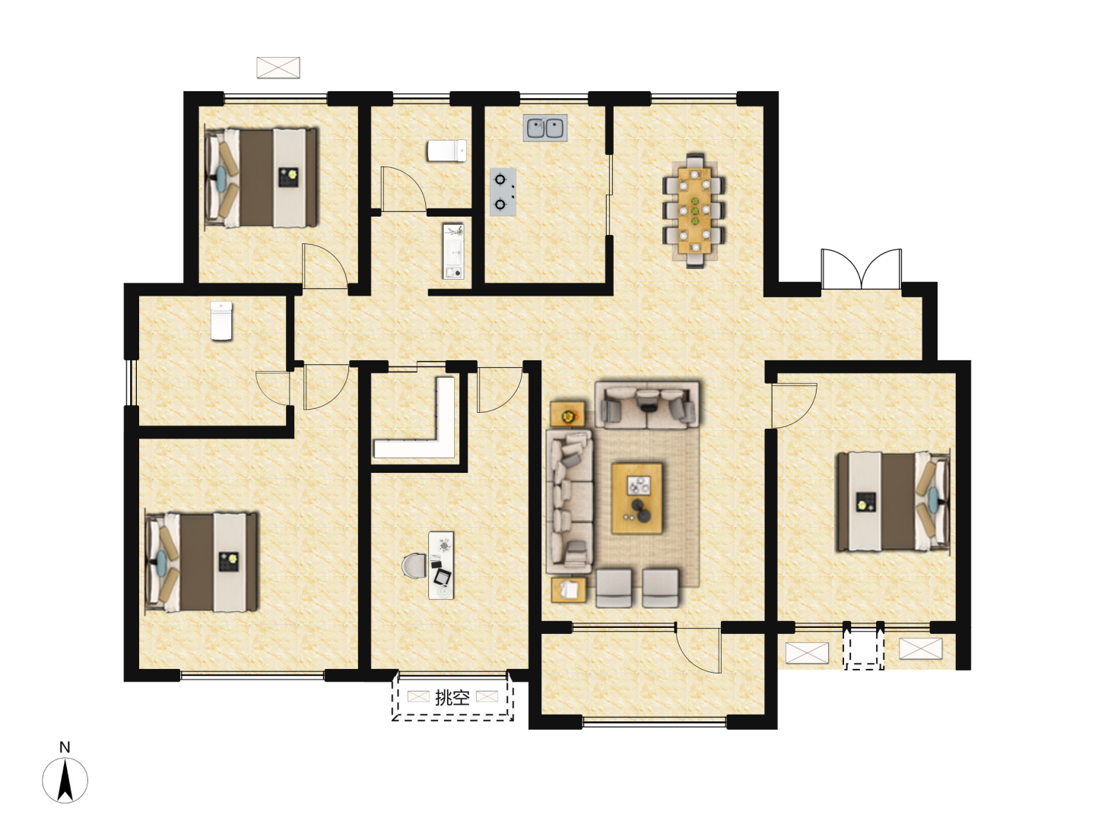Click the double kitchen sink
(544, 128)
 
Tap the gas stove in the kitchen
(503, 192)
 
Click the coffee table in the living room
(637, 498)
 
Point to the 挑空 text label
(452, 697)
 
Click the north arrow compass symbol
(65, 780)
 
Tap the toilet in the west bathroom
(221, 321)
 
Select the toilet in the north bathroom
(447, 151)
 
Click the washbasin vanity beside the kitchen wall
(453, 252)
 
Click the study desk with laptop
(442, 565)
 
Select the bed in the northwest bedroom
(261, 178)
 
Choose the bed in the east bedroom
(893, 501)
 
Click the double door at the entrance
(861, 268)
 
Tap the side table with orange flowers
(567, 414)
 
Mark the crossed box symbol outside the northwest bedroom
(278, 68)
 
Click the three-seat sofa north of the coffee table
(647, 404)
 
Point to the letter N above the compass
(65, 747)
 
